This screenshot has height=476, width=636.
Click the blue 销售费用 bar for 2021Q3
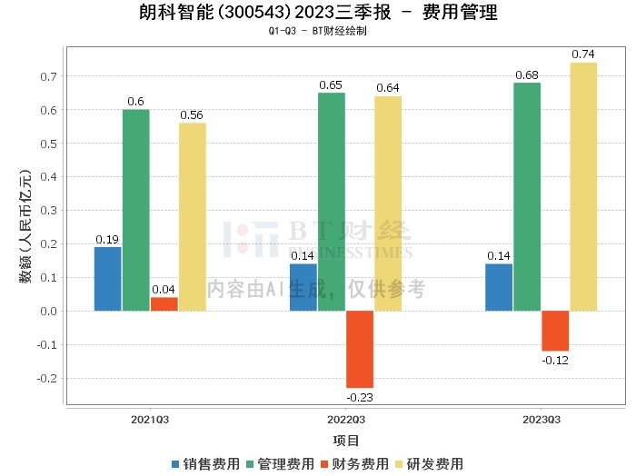coord(107,279)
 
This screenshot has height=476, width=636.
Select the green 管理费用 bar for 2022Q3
coord(332,202)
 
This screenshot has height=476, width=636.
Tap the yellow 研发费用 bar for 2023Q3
coord(583,186)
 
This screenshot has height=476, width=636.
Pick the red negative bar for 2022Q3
coord(360,349)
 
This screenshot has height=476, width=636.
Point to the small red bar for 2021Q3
coord(164,304)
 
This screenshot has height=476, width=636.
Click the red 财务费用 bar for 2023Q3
coord(555,331)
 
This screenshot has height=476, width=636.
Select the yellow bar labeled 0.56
coord(193,217)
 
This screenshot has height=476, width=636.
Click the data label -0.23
coord(360,397)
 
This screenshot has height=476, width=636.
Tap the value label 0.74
coord(583,55)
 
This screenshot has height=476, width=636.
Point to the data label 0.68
coord(527,74)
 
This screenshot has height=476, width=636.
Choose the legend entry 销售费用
coord(204,464)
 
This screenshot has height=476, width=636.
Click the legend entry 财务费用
coord(353,464)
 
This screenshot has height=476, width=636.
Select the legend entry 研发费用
coord(428,464)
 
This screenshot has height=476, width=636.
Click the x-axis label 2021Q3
coord(150,420)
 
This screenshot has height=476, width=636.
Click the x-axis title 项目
coord(346,441)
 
